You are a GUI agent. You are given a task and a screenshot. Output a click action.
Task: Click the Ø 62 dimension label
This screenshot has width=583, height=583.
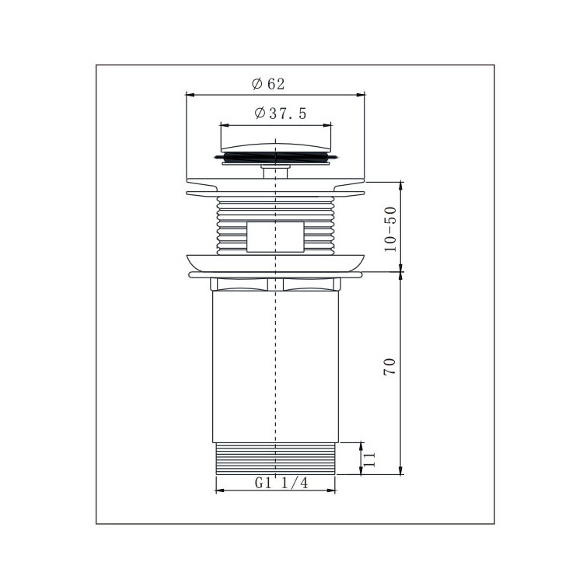(x=267, y=84)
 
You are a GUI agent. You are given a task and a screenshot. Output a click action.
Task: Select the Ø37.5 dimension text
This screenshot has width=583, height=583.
(x=281, y=113)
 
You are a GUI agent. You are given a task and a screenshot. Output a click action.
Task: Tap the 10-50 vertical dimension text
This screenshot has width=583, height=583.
(x=390, y=229)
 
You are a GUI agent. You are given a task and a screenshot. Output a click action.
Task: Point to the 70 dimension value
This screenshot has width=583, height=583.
(x=389, y=367)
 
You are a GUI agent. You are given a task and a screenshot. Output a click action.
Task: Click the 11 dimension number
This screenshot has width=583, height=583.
(x=369, y=459)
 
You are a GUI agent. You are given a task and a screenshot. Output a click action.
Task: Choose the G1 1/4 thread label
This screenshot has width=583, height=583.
(x=281, y=483)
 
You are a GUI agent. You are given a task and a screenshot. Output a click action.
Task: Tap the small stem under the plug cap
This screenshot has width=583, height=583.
(x=275, y=172)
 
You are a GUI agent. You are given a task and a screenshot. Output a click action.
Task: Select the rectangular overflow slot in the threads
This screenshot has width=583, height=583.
(x=275, y=237)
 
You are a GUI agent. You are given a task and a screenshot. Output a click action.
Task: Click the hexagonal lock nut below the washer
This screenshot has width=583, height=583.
(x=275, y=284)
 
